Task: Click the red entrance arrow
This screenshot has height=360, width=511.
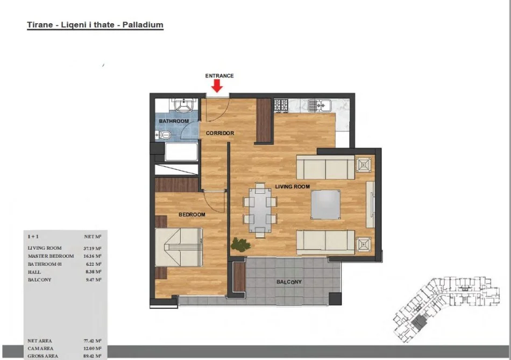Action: tap(217, 86)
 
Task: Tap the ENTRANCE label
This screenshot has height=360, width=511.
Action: tap(219, 76)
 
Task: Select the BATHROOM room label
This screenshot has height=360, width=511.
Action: tap(174, 121)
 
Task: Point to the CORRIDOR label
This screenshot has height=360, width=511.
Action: tap(220, 133)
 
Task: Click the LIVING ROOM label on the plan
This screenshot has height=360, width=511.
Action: tap(292, 187)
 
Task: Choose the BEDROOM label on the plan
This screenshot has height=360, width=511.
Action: tap(192, 215)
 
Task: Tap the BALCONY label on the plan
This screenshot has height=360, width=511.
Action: tap(289, 282)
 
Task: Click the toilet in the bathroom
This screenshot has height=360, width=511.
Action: tap(164, 134)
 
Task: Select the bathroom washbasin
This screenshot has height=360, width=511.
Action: tap(183, 105)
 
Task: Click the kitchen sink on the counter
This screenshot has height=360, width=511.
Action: tap(320, 105)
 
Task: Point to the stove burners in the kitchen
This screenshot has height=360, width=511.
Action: tap(281, 105)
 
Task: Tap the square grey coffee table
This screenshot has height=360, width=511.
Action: tap(325, 205)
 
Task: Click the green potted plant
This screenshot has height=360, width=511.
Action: tap(240, 244)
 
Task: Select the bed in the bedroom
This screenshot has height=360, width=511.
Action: tap(179, 247)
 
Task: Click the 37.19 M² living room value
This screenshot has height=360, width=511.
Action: tap(92, 248)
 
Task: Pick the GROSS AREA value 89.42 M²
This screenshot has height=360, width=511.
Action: tap(92, 356)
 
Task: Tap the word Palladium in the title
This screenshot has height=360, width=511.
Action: tap(143, 25)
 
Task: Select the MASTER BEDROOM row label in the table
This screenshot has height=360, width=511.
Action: tap(51, 256)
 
